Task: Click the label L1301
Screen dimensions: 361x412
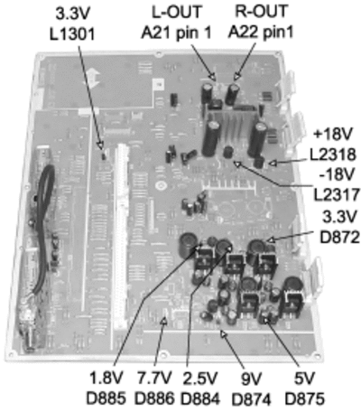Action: point(72,34)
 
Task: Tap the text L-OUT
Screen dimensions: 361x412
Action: point(176,13)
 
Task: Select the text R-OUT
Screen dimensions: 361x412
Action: point(261,12)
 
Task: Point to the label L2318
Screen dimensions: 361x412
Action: point(333,154)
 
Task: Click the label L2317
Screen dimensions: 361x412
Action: point(337,195)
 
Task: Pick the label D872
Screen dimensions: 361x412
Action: point(339,238)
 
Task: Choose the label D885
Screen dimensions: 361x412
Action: point(106,399)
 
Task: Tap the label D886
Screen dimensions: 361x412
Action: point(154,399)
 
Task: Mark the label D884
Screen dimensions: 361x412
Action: point(200,399)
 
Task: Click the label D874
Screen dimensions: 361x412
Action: point(251,399)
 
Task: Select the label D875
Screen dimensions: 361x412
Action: point(304,399)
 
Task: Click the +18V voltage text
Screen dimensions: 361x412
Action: point(332,135)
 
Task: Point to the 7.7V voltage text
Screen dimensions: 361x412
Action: point(154,379)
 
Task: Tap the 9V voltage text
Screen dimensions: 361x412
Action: point(252,379)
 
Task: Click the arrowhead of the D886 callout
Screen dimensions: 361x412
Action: point(164,321)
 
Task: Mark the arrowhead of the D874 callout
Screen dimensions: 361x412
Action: point(223,333)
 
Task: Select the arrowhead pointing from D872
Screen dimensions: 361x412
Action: point(271,239)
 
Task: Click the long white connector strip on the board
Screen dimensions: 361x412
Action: point(122,235)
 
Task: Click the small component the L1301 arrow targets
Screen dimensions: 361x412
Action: point(103,155)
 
